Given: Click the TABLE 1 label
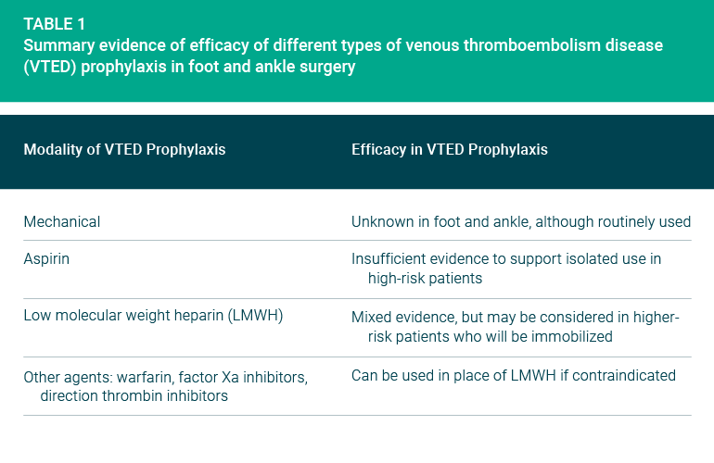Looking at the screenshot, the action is (54, 24).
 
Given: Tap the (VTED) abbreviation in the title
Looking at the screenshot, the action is (50, 67).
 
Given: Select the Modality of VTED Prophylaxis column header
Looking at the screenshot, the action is (125, 150).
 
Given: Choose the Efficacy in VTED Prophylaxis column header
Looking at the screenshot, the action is (450, 150).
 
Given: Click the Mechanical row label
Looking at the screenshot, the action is (62, 222).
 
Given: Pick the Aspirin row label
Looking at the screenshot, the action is (46, 259).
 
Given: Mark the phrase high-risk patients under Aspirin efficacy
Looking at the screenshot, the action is (425, 279).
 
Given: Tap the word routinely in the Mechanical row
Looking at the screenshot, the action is (623, 222).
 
